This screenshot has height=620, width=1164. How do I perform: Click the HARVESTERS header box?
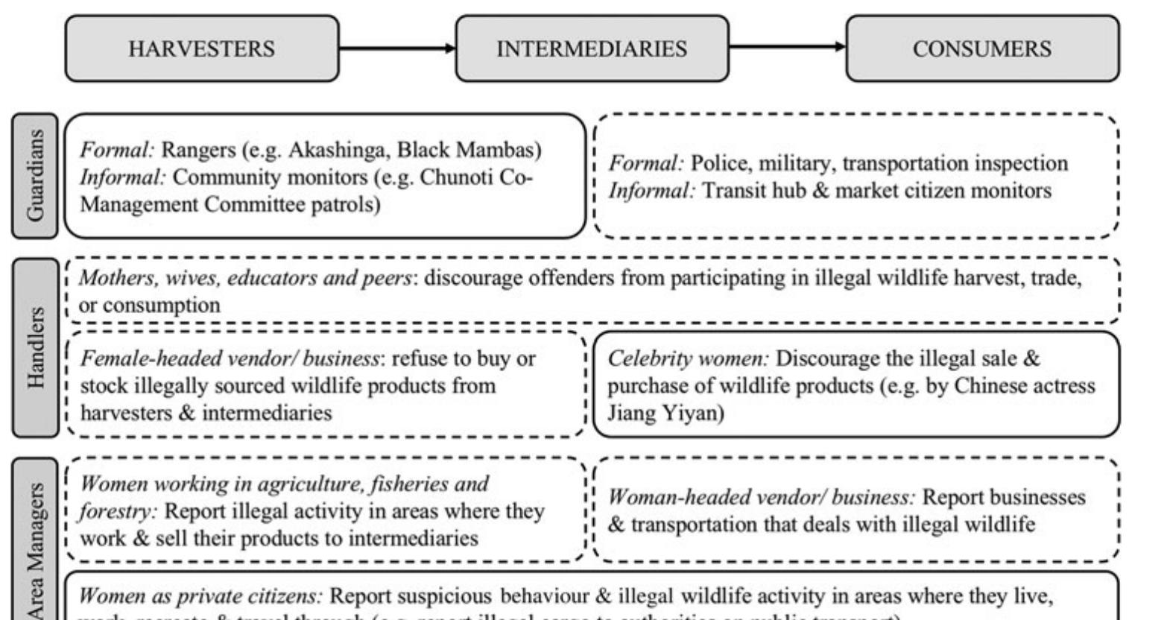click(201, 48)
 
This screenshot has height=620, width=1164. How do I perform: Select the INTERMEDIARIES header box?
click(592, 48)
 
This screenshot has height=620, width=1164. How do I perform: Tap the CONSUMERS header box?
click(982, 48)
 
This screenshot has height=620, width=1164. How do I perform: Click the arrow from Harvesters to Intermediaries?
click(396, 48)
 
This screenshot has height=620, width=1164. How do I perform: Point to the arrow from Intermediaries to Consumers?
click(787, 47)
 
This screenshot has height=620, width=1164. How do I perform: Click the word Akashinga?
click(333, 150)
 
